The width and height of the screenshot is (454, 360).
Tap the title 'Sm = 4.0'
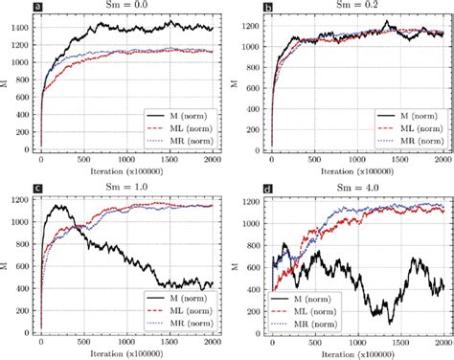click(354, 187)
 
